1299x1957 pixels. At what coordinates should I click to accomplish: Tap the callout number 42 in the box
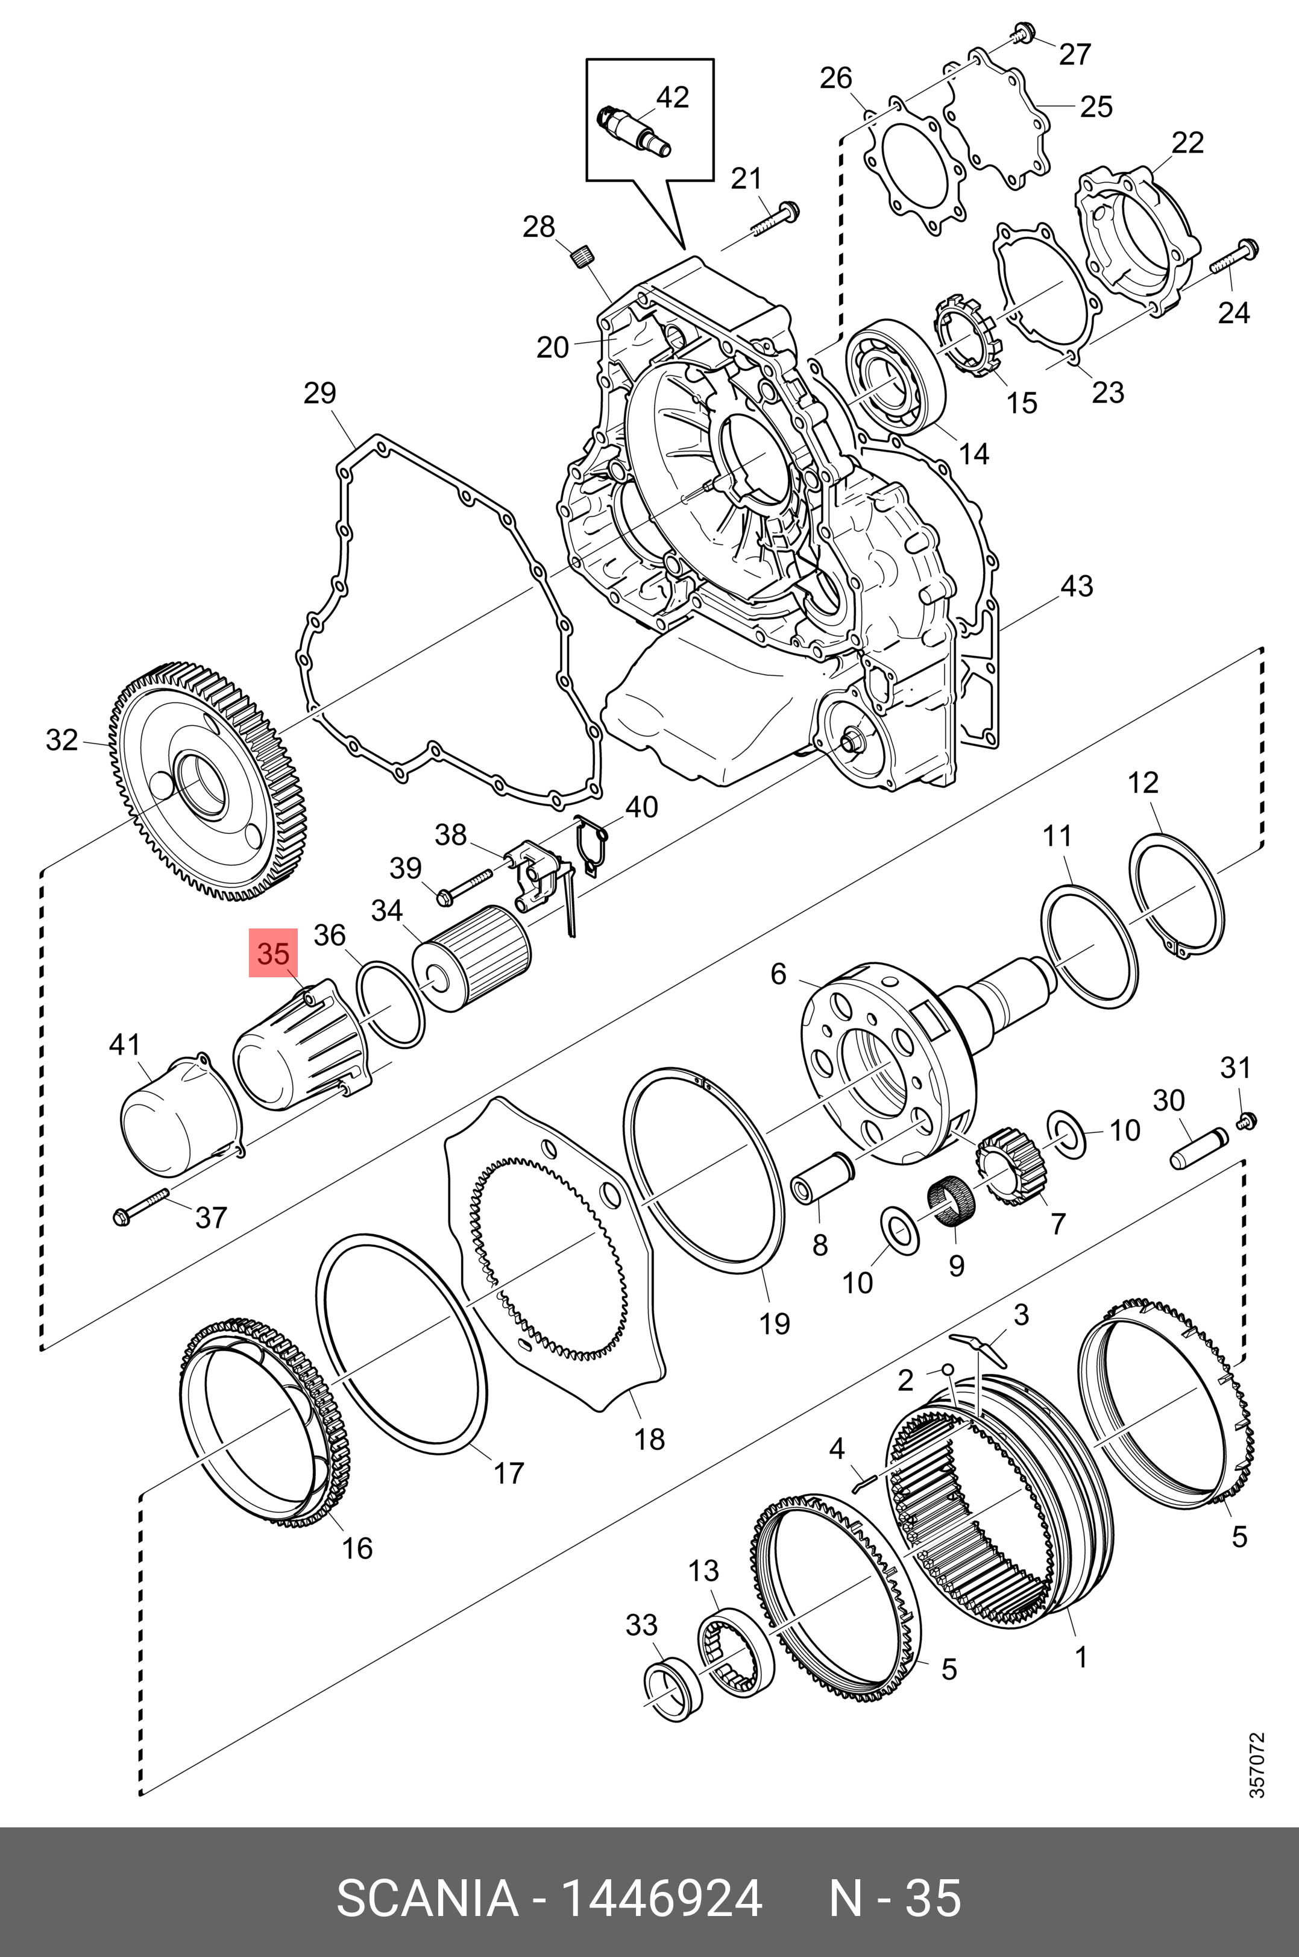(672, 98)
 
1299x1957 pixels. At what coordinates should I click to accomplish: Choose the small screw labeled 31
(1245, 1122)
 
